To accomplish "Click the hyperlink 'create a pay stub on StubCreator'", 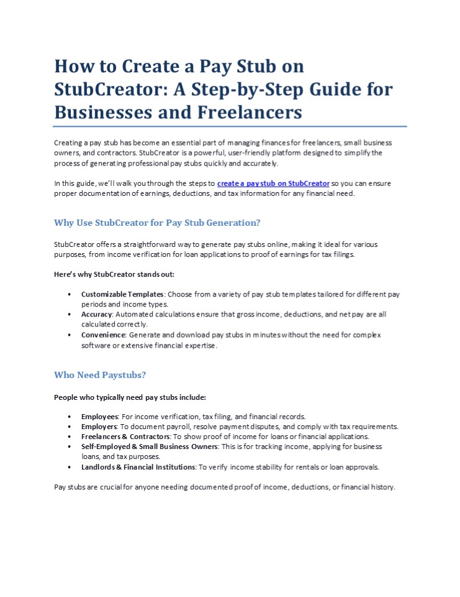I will point(273,183).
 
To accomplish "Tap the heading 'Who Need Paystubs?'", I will point(100,375).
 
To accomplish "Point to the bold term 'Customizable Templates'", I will point(122,294).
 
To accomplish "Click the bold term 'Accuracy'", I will point(98,315).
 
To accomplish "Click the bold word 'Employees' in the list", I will point(99,416).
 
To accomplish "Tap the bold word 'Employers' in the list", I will point(99,426).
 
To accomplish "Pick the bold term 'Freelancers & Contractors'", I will point(125,437).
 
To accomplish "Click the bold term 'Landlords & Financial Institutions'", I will point(138,466).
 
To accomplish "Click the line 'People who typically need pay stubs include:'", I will point(130,397).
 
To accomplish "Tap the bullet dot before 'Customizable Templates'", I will point(68,294).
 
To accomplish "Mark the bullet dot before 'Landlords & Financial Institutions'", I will point(68,466).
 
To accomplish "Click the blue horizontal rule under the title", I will point(230,126).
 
